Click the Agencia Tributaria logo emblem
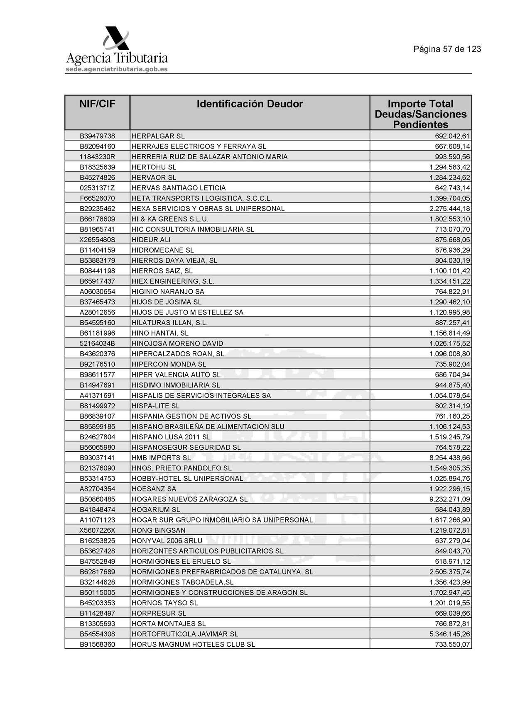click(116, 39)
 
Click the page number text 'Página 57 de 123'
click(447, 49)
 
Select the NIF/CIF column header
click(97, 104)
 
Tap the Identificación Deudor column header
click(250, 104)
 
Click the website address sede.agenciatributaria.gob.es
click(116, 69)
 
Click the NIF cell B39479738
click(97, 136)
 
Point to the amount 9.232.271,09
click(449, 499)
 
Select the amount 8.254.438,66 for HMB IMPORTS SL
click(449, 458)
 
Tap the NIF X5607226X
click(97, 530)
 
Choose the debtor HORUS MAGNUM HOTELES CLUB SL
click(193, 644)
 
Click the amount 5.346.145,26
click(449, 634)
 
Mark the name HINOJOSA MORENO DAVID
click(177, 343)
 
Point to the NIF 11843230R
click(97, 157)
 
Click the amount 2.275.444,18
click(449, 209)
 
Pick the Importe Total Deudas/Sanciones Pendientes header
click(420, 114)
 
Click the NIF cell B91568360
click(97, 644)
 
